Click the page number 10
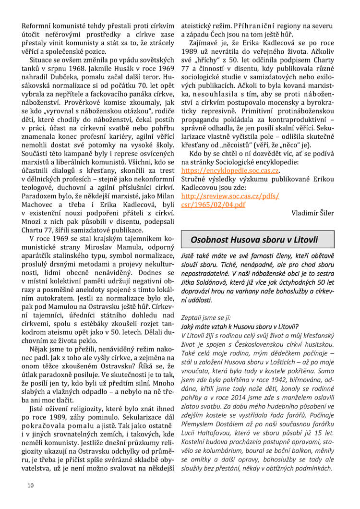30,485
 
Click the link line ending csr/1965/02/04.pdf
213,205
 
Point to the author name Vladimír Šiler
312,212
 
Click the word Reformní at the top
36,25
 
